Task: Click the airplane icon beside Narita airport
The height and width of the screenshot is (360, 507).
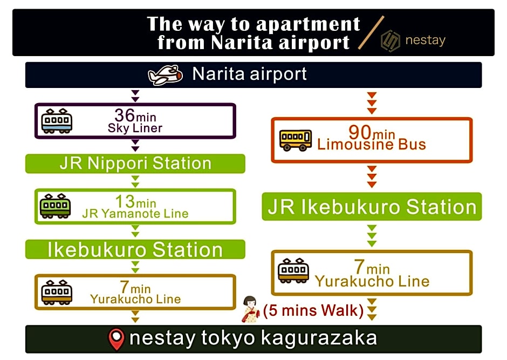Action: pyautogui.click(x=165, y=75)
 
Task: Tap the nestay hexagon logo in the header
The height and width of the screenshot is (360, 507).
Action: pyautogui.click(x=390, y=41)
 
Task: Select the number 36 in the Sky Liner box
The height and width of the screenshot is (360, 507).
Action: pyautogui.click(x=125, y=115)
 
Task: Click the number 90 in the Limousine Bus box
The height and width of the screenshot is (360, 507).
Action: pyautogui.click(x=360, y=132)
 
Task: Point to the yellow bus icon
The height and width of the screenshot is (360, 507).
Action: pyautogui.click(x=296, y=140)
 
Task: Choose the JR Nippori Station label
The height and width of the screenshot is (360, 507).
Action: pyautogui.click(x=135, y=164)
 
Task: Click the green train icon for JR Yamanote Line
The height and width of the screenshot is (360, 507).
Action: pyautogui.click(x=55, y=206)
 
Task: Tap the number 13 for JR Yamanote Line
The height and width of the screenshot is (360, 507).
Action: pyautogui.click(x=125, y=201)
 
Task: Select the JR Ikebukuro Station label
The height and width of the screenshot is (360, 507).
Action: pyautogui.click(x=372, y=207)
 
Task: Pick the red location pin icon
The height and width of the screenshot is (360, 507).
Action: pyautogui.click(x=117, y=339)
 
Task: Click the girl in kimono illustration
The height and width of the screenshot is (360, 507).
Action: pyautogui.click(x=251, y=309)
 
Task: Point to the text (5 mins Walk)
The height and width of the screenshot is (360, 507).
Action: pyautogui.click(x=313, y=310)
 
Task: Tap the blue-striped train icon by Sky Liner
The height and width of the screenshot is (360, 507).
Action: pyautogui.click(x=57, y=121)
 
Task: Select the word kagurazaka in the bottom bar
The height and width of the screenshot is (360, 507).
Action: pyautogui.click(x=319, y=338)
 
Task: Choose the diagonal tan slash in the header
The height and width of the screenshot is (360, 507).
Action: pyautogui.click(x=371, y=33)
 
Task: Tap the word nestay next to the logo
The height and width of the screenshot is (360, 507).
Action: pyautogui.click(x=426, y=40)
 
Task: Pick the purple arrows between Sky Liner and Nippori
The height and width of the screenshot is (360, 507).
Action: pyautogui.click(x=135, y=145)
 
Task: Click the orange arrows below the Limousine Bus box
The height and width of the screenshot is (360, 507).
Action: pyautogui.click(x=372, y=176)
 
